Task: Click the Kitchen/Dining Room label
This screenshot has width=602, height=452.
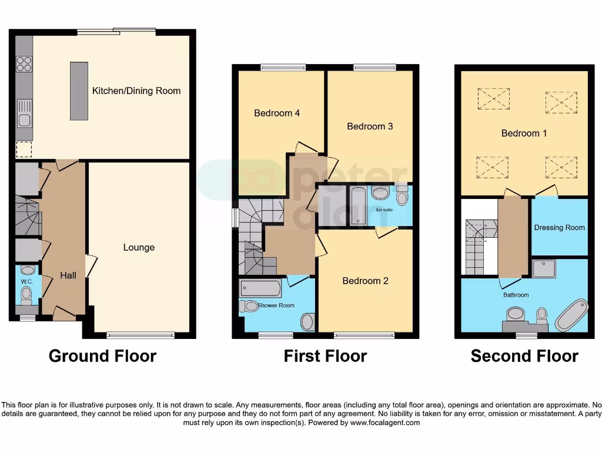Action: [136, 91]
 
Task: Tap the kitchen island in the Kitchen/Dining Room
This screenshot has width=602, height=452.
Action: [78, 91]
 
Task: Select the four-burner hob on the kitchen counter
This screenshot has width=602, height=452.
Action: [24, 64]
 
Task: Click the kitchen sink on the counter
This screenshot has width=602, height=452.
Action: [24, 114]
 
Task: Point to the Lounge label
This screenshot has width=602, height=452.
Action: [139, 247]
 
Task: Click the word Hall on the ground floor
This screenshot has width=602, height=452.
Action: [68, 275]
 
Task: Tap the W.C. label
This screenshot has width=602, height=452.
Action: [27, 282]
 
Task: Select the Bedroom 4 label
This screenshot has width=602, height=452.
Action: [277, 113]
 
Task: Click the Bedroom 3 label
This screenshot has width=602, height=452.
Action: [370, 126]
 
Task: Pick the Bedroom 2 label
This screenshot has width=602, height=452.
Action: [365, 281]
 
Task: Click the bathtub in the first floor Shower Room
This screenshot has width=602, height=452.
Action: [260, 288]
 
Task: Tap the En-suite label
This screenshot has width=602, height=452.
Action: [384, 210]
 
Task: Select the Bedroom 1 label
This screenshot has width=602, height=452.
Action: [524, 133]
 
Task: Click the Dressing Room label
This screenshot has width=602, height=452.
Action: [559, 228]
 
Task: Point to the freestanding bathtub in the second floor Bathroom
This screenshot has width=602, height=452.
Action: [571, 315]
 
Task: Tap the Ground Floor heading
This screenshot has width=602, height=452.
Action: [102, 356]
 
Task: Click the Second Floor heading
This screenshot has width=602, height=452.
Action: [524, 356]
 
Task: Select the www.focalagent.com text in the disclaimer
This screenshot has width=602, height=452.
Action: [385, 423]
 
